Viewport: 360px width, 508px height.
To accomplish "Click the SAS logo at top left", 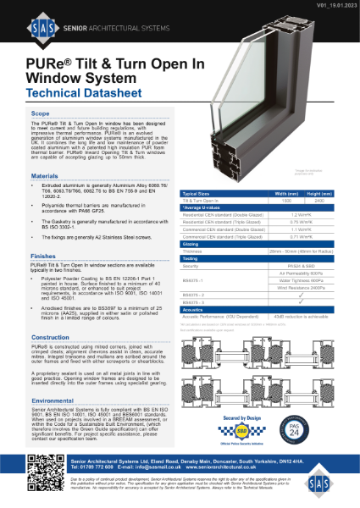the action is pos(34,25).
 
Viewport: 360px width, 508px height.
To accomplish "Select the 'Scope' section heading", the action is pos(40,113).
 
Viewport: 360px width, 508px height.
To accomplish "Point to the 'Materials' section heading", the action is pos(45,175).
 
